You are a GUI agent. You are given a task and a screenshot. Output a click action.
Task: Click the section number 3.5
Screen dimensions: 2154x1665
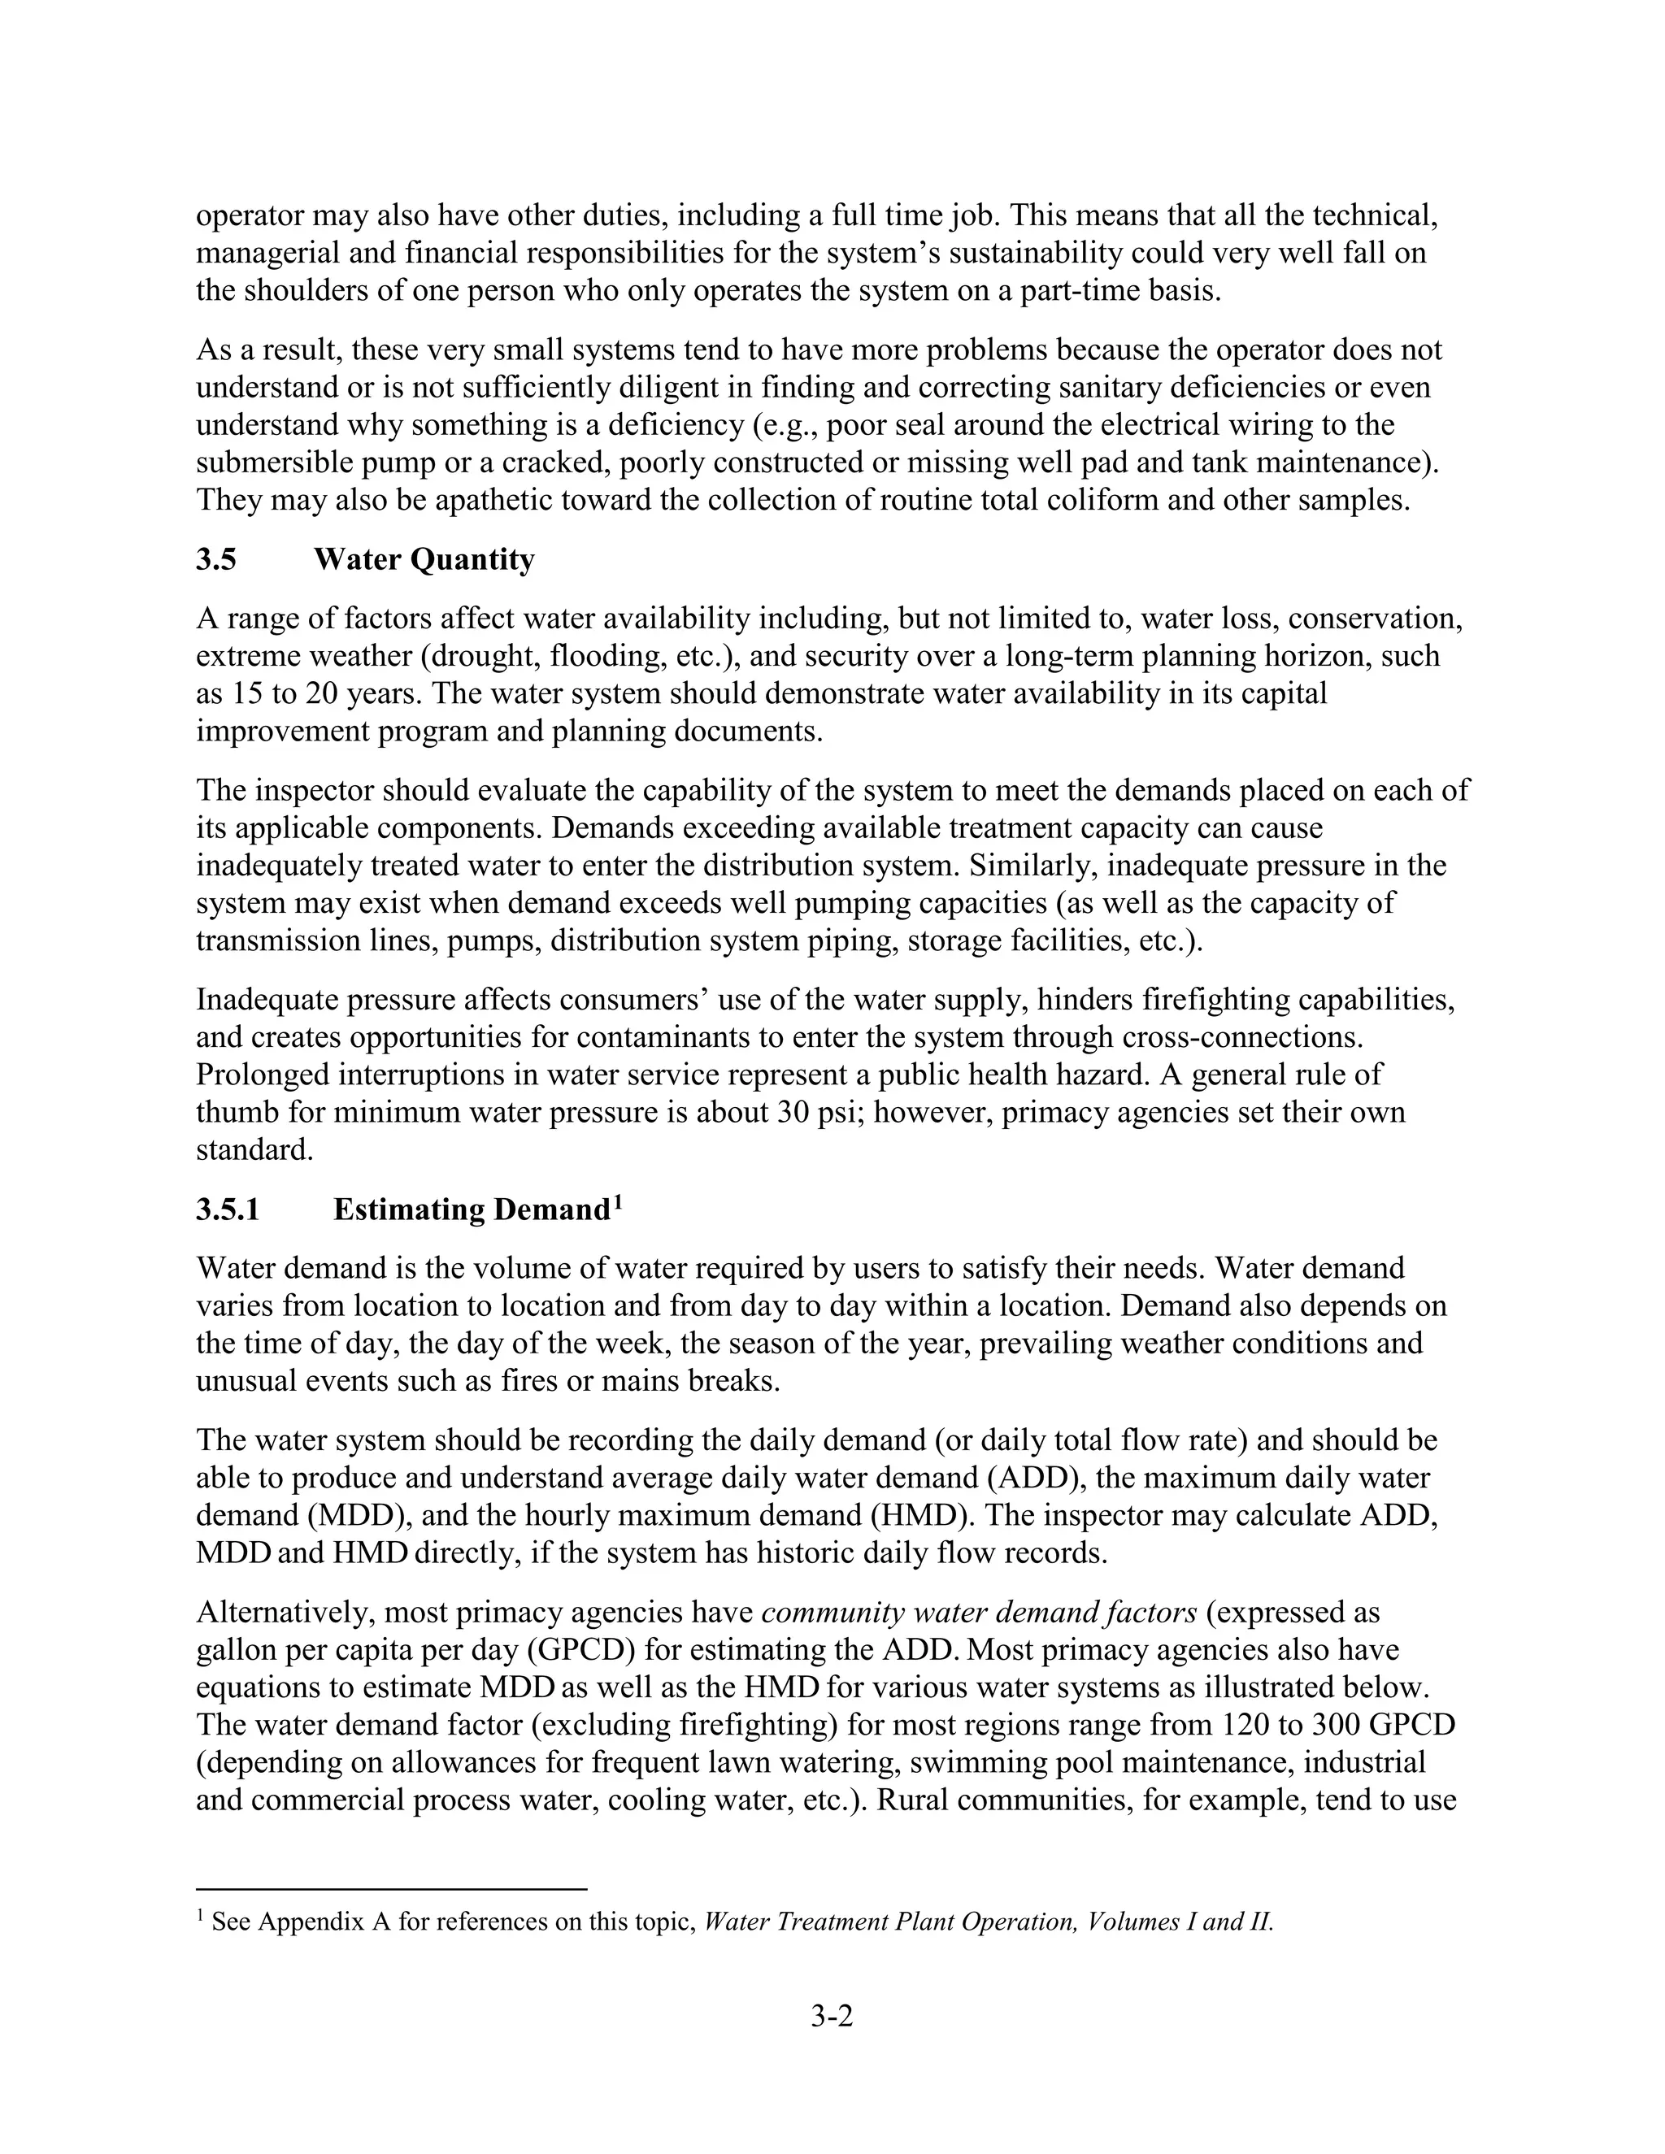pyautogui.click(x=216, y=560)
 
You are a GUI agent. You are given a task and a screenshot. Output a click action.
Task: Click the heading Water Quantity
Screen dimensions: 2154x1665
pyautogui.click(x=424, y=560)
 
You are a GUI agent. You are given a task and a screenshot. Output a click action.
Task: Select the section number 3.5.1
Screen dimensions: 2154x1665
pyautogui.click(x=228, y=1210)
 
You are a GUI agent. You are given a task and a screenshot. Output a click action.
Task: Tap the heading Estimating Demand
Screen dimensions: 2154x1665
pyautogui.click(x=472, y=1210)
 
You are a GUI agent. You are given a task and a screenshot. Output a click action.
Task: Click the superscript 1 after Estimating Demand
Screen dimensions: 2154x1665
pyautogui.click(x=618, y=1202)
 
